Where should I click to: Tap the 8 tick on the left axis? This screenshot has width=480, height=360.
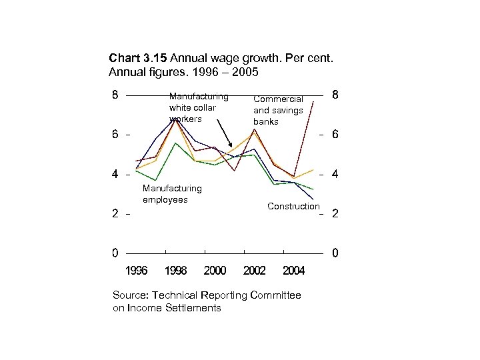pos(116,95)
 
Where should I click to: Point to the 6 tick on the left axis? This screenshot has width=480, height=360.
pos(116,134)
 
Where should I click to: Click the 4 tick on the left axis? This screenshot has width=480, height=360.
pos(116,175)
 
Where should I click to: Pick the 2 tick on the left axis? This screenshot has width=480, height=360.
pos(116,214)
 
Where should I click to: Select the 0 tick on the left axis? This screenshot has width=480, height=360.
pos(116,253)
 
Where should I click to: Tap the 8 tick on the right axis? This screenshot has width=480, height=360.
pos(335,95)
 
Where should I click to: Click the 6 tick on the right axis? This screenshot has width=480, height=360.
pos(335,135)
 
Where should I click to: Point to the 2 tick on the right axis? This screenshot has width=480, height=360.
pos(335,215)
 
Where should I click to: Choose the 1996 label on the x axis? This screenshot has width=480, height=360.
pos(137,271)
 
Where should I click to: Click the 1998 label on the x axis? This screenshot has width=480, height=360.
pos(175,271)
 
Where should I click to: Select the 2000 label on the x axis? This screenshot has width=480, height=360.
pos(215,271)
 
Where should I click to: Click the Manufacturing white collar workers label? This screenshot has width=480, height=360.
pos(198,107)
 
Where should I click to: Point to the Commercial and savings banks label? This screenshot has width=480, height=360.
pos(278,110)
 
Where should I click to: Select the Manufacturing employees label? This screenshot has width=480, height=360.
pos(171,194)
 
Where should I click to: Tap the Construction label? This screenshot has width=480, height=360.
pos(293,206)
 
